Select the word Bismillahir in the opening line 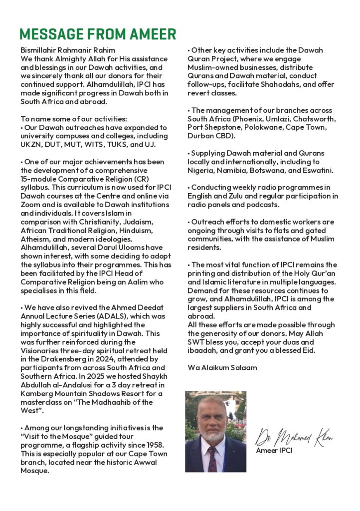coord(37,50)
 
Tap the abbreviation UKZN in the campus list coord(31,145)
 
